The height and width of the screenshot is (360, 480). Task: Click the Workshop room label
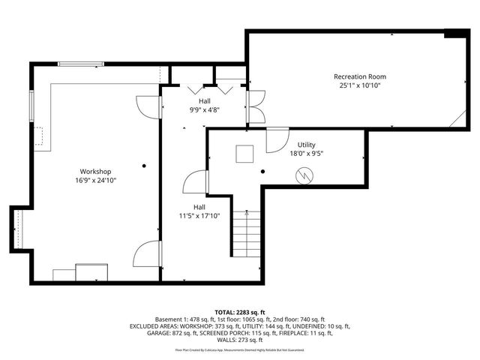(x=95, y=171)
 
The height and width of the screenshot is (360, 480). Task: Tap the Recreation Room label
(x=360, y=76)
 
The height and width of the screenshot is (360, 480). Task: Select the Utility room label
(x=306, y=144)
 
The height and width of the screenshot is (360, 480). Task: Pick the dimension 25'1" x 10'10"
(x=360, y=85)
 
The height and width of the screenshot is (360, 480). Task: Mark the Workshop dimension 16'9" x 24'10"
(x=95, y=180)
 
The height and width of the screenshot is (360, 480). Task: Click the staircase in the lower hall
(x=245, y=233)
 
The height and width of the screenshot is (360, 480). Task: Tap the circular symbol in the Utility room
(x=304, y=176)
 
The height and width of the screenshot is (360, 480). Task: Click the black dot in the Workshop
(x=145, y=165)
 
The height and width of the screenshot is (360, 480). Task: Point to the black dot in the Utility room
(x=262, y=172)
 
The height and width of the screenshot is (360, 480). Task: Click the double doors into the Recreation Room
(x=255, y=106)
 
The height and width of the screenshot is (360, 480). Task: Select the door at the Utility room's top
(x=277, y=138)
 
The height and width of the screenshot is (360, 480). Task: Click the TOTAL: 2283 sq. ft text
(x=240, y=311)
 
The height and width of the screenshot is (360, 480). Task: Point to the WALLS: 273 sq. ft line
(x=240, y=341)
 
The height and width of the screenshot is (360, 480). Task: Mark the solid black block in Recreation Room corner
(x=454, y=33)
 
